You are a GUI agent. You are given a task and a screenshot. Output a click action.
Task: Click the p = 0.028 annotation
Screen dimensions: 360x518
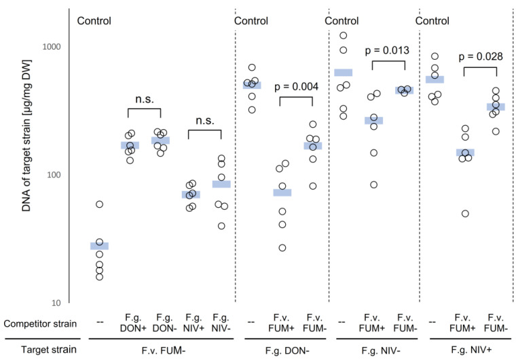click(x=480, y=56)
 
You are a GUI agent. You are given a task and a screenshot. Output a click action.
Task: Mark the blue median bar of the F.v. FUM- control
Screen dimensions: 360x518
click(x=100, y=246)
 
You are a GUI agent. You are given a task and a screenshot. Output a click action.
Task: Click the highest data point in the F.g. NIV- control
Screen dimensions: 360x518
click(x=344, y=35)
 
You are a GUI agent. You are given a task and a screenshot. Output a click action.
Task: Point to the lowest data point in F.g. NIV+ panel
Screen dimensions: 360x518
click(x=465, y=213)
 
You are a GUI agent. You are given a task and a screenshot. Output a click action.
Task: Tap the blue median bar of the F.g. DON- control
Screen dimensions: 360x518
click(x=252, y=86)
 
